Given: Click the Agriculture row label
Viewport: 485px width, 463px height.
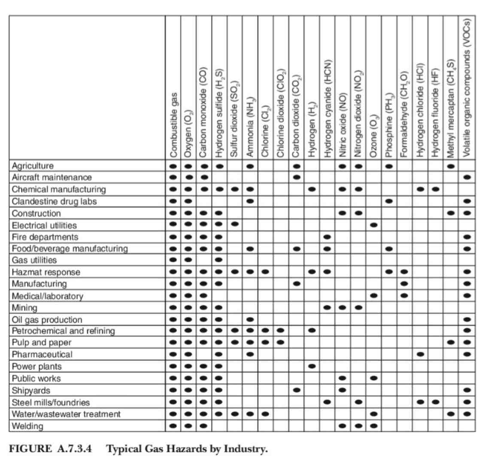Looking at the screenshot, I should pyautogui.click(x=33, y=165).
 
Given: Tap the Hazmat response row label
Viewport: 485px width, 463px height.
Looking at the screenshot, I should pyautogui.click(x=46, y=272).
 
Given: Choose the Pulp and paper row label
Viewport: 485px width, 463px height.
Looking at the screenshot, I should pyautogui.click(x=41, y=343).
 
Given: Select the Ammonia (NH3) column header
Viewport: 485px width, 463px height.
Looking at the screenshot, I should pyautogui.click(x=250, y=128).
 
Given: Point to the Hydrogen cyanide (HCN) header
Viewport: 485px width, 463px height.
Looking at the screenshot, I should pyautogui.click(x=327, y=107).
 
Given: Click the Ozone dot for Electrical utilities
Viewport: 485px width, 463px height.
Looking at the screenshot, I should pyautogui.click(x=373, y=225).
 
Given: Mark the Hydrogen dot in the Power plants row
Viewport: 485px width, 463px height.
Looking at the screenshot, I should pyautogui.click(x=312, y=367).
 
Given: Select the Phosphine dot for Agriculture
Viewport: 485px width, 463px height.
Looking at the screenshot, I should pyautogui.click(x=389, y=165).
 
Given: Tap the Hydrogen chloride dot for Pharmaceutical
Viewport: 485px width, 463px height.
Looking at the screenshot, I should pyautogui.click(x=421, y=355).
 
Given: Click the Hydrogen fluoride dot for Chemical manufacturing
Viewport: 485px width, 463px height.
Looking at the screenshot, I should pyautogui.click(x=436, y=189).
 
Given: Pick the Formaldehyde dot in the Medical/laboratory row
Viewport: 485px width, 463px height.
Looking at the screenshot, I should pyautogui.click(x=404, y=296).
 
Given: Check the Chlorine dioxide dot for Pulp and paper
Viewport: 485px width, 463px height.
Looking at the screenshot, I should pyautogui.click(x=281, y=343).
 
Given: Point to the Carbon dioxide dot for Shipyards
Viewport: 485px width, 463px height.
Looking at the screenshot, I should pyautogui.click(x=297, y=391).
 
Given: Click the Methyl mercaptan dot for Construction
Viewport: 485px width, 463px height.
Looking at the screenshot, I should pyautogui.click(x=451, y=213).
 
